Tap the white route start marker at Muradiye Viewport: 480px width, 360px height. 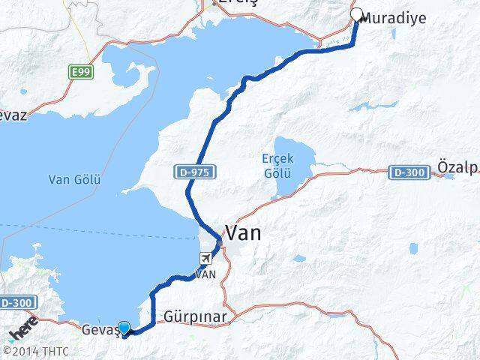[x=357, y=13]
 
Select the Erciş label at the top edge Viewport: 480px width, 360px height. [x=229, y=3]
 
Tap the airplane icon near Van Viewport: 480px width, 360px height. [x=203, y=259]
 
